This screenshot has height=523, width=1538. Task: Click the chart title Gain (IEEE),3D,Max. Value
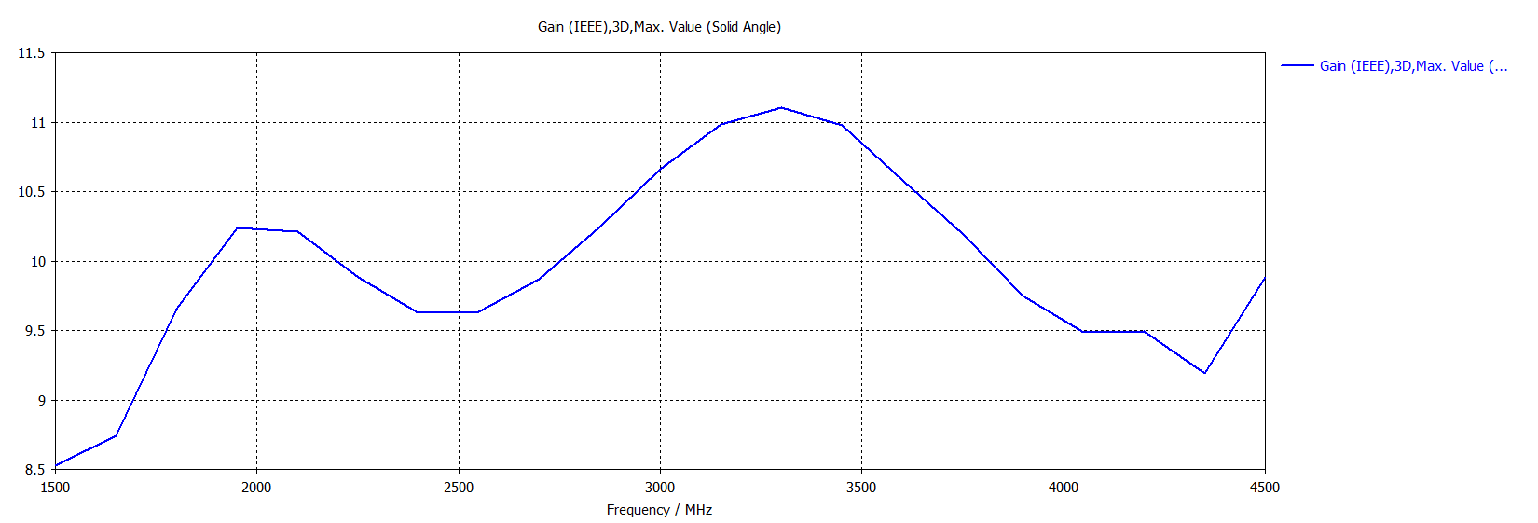click(x=659, y=27)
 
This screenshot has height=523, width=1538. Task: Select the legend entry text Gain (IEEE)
click(x=1413, y=66)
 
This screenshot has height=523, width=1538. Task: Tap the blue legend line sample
click(x=1297, y=66)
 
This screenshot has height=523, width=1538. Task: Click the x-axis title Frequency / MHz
click(x=659, y=510)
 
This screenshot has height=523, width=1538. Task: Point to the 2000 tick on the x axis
click(x=256, y=488)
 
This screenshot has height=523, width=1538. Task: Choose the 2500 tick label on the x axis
click(x=458, y=488)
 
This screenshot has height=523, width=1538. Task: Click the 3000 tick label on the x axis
click(x=660, y=488)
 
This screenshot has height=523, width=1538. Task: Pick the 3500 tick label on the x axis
click(x=861, y=488)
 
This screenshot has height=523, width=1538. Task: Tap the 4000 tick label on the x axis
click(x=1064, y=488)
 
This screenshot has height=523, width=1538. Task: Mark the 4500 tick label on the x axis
click(x=1265, y=488)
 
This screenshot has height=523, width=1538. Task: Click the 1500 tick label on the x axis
click(x=55, y=488)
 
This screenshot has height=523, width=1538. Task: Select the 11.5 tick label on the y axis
click(x=32, y=53)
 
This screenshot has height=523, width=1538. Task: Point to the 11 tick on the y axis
click(x=38, y=123)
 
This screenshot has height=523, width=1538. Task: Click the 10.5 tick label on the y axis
click(x=32, y=192)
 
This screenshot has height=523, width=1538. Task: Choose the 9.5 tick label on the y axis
click(x=34, y=331)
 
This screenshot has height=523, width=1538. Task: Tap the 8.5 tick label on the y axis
click(x=34, y=470)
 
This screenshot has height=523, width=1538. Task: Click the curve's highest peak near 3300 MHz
click(x=781, y=108)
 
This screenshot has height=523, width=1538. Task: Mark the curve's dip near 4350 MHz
click(x=1204, y=373)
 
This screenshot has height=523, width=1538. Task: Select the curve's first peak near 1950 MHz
click(x=237, y=227)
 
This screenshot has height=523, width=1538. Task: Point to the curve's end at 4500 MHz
click(x=1264, y=278)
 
